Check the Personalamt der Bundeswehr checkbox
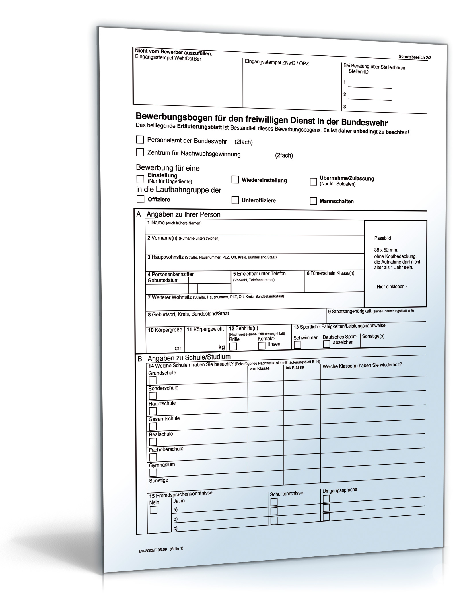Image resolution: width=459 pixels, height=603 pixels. (140, 140)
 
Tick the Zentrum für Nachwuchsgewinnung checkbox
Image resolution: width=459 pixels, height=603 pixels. (140, 152)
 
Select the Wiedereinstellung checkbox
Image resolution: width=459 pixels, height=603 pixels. (235, 180)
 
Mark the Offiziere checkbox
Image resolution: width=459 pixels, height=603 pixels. (140, 199)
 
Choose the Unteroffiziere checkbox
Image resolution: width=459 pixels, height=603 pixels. (235, 200)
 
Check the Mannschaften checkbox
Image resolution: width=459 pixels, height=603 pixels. (313, 201)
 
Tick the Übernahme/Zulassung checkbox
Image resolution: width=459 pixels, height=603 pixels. (313, 182)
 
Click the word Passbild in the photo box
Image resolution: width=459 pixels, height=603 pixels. (382, 238)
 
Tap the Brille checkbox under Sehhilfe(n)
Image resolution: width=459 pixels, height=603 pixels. (233, 347)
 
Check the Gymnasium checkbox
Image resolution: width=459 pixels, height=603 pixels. (153, 472)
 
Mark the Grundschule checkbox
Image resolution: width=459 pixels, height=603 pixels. (153, 380)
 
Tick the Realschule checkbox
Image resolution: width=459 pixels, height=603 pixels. (153, 442)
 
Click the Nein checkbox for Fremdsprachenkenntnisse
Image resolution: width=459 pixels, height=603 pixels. (153, 510)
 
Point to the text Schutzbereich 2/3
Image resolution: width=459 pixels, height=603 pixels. (415, 57)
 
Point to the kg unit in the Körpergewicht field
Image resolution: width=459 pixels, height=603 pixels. (221, 347)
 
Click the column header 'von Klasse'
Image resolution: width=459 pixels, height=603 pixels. (259, 368)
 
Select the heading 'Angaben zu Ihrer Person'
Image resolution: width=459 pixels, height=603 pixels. (183, 214)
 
